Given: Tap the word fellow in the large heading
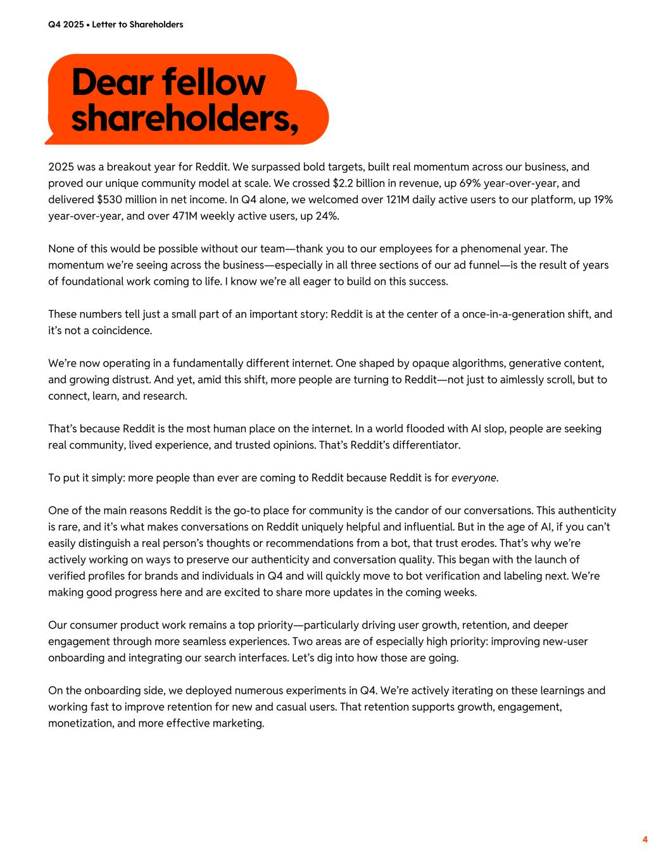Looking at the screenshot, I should [x=214, y=83].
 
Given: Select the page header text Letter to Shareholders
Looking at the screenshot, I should [x=137, y=25].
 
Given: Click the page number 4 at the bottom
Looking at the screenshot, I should [x=645, y=839].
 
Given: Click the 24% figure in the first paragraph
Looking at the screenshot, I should [x=327, y=216].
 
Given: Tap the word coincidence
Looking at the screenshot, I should [x=120, y=330].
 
